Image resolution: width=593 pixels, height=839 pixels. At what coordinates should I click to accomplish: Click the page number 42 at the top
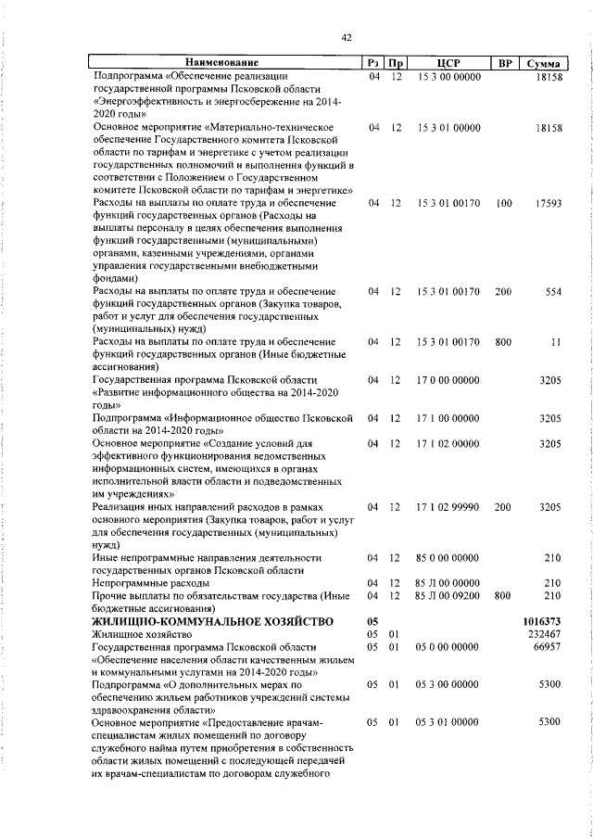(347, 37)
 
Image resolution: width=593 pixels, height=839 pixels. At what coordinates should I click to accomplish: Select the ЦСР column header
(448, 63)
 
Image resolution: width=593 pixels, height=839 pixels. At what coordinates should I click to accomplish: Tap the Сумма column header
(542, 63)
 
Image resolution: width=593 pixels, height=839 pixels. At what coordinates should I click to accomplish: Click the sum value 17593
(549, 203)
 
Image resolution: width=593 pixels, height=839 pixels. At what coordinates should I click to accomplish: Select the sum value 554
(554, 291)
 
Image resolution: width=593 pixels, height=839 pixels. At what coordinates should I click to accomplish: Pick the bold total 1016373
(542, 620)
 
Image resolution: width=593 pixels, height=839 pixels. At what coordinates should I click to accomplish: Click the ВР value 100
(504, 203)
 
